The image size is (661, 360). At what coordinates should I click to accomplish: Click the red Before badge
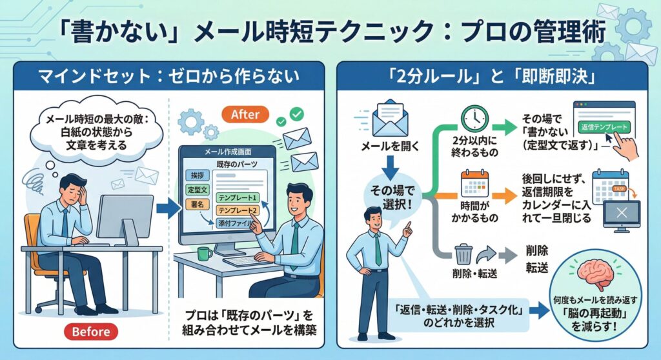92,332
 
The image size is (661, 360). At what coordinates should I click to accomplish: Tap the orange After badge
245,114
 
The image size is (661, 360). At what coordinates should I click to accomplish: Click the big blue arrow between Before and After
167,208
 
